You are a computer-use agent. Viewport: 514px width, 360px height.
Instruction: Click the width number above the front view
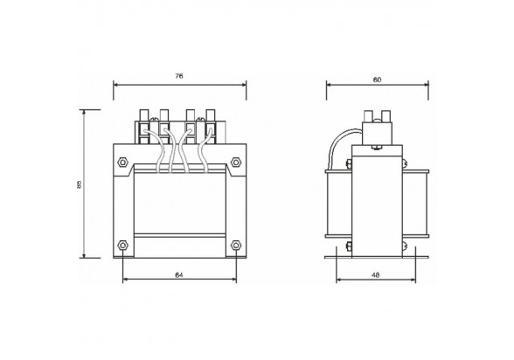tap(178, 76)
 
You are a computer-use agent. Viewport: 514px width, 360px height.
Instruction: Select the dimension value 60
tap(377, 80)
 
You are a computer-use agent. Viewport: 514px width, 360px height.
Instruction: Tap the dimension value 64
tap(178, 275)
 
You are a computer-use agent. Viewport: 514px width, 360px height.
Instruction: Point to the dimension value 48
tap(376, 275)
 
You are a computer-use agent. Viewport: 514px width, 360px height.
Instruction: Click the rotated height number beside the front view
tap(79, 184)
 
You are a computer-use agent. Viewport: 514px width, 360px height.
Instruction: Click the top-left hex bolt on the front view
tap(123, 163)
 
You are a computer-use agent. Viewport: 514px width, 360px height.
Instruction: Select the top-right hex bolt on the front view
tap(236, 163)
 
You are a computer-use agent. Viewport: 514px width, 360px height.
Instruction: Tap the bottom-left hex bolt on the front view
tap(123, 245)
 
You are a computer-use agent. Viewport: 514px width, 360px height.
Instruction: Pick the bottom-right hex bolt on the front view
tap(236, 245)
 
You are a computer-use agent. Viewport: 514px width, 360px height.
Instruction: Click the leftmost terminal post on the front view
tap(144, 115)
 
